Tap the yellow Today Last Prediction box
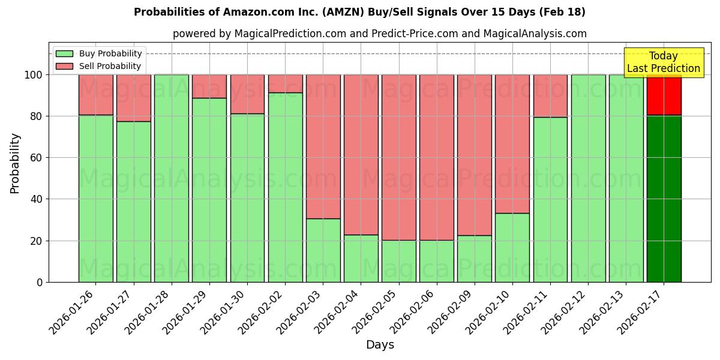point(663,62)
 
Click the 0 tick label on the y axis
point(40,282)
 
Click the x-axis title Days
point(380,345)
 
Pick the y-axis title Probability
point(15,163)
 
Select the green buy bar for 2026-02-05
point(399,261)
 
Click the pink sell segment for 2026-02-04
point(361,154)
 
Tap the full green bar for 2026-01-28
point(172,178)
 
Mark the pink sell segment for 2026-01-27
point(134,98)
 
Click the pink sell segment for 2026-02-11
point(550,95)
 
